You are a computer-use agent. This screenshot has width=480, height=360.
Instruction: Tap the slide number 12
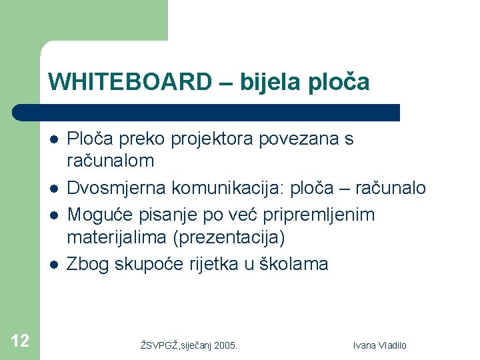pyautogui.click(x=20, y=341)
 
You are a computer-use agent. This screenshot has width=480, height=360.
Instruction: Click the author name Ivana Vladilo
pyautogui.click(x=379, y=345)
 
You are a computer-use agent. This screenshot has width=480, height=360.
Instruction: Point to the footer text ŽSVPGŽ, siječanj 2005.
pyautogui.click(x=189, y=345)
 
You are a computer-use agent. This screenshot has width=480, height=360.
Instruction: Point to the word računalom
pyautogui.click(x=111, y=161)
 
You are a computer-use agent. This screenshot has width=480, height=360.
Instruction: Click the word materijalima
pyautogui.click(x=112, y=237)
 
